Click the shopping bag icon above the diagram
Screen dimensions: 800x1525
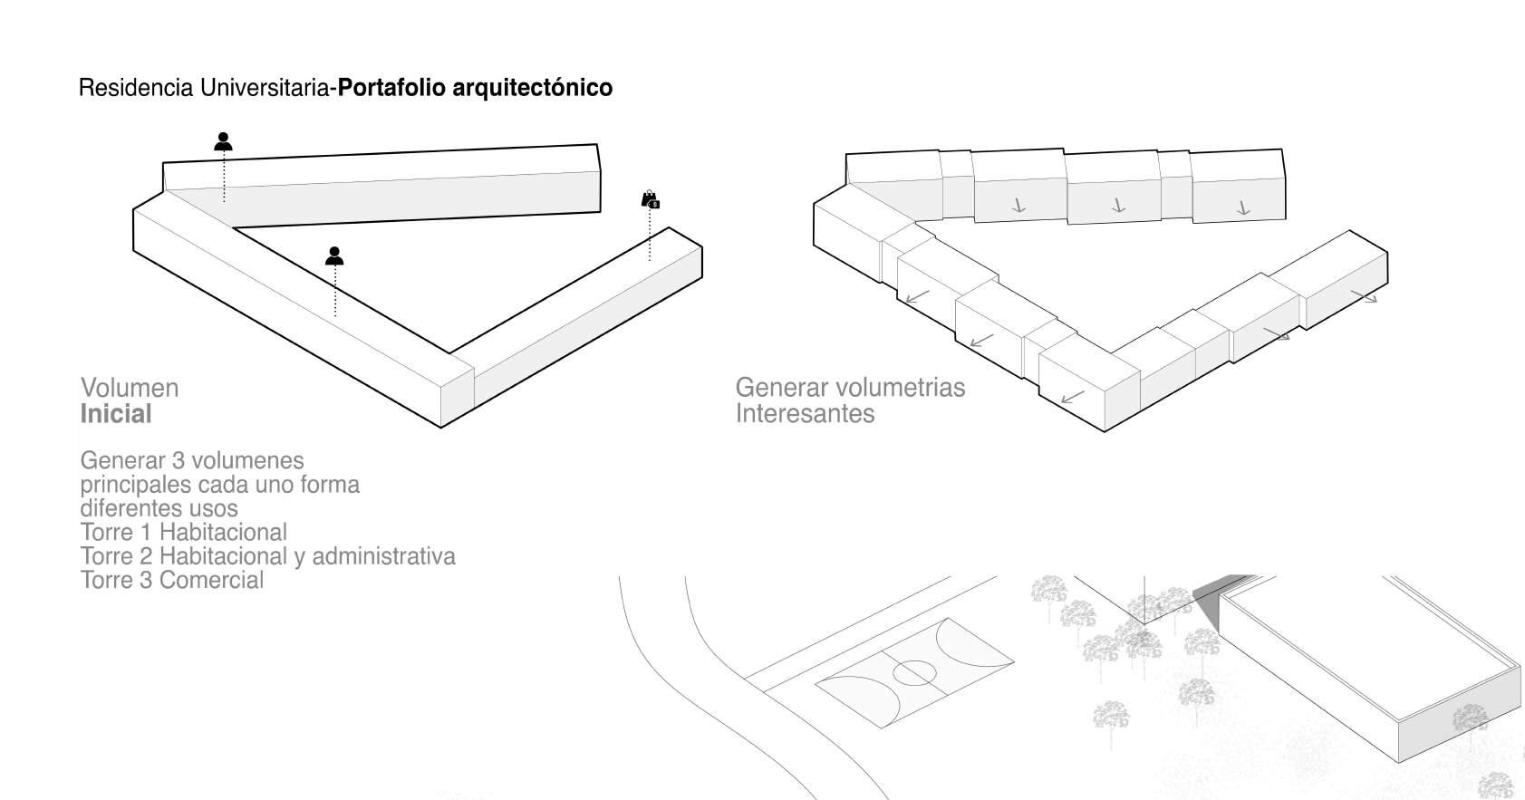point(650,199)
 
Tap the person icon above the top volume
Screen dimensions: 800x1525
point(224,141)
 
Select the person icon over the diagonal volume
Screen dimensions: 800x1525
point(334,256)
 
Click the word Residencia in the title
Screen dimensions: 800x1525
point(136,88)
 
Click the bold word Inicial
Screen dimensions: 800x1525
point(116,414)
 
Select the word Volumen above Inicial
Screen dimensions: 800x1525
point(130,388)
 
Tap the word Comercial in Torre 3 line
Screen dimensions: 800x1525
point(211,580)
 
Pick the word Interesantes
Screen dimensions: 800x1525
point(805,414)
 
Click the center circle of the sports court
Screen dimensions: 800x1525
point(914,672)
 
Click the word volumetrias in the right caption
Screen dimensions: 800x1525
point(899,388)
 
